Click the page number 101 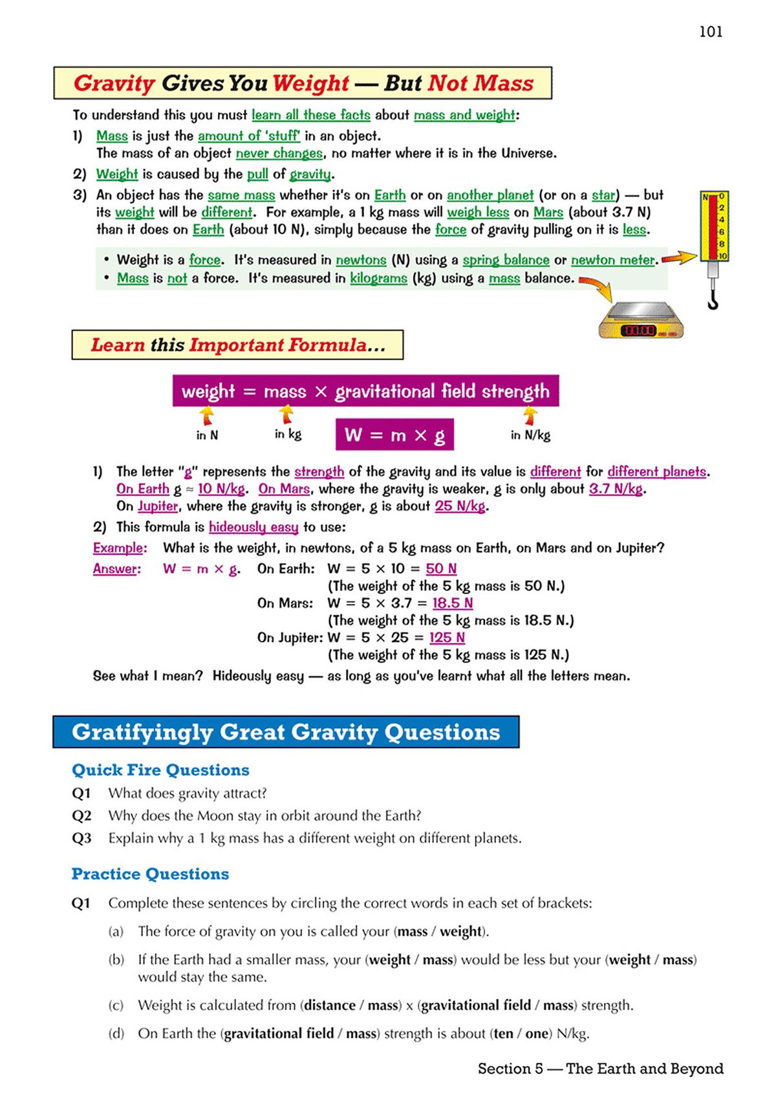point(711,32)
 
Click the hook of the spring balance point(713,299)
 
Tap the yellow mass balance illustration point(641,320)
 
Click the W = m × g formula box point(394,435)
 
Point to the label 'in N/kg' point(530,435)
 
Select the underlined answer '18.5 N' point(452,603)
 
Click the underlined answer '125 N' point(447,637)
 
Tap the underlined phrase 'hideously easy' point(253,527)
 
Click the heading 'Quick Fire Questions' point(160,770)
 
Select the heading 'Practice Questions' point(150,874)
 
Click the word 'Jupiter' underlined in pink point(157,506)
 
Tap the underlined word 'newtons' point(361,260)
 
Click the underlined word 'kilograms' point(378,278)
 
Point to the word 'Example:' point(120,548)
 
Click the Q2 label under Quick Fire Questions point(81,815)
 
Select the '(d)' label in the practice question point(116,1033)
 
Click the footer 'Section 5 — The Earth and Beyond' point(600,1068)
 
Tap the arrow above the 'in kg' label point(286,414)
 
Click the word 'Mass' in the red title point(503,83)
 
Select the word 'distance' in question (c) point(330,1005)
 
